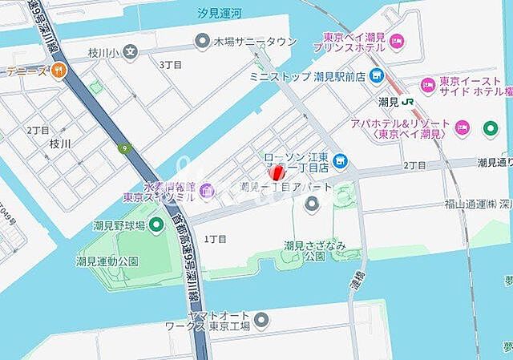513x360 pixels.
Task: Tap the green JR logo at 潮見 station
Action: pyautogui.click(x=408, y=102)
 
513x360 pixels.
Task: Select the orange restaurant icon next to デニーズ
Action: pyautogui.click(x=59, y=71)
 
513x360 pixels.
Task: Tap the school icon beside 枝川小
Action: pyautogui.click(x=131, y=52)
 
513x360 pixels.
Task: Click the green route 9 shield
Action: pyautogui.click(x=124, y=148)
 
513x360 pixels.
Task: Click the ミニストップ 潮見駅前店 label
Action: pyautogui.click(x=307, y=76)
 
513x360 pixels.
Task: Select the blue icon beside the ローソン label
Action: pyautogui.click(x=340, y=161)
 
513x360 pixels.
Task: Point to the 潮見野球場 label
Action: pyautogui.click(x=119, y=225)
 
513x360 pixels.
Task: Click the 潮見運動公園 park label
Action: pyautogui.click(x=107, y=261)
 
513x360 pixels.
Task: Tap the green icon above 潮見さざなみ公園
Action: pyautogui.click(x=312, y=205)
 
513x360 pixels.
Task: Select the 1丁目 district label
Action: pyautogui.click(x=216, y=239)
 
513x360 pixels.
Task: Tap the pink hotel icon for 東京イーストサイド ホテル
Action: pyautogui.click(x=427, y=83)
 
